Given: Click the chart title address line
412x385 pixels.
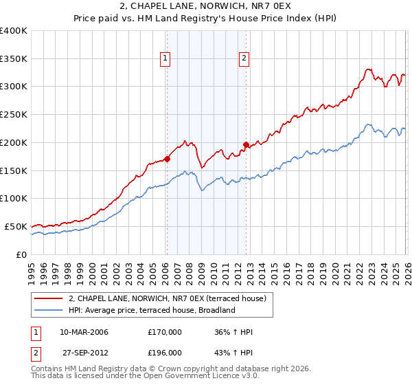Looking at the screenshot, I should pos(206,8).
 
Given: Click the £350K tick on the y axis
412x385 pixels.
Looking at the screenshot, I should pos(14,59).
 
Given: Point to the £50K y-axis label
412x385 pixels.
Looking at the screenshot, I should pos(16,226).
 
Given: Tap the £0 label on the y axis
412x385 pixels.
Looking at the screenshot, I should pos(21,254).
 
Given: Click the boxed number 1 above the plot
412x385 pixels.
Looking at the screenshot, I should pos(166,59).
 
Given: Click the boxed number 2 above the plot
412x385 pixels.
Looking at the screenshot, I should pos(244,59).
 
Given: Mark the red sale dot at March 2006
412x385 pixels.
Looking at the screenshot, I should pos(167,159).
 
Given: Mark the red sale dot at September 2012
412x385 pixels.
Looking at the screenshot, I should pos(246,144).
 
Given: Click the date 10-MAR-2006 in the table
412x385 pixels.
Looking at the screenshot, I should pos(84,332).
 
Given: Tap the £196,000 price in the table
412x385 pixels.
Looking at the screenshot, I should pos(165,352).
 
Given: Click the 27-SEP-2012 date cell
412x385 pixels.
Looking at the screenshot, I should pos(84,352).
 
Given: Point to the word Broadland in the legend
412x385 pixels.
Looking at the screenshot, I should pos(218,310).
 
